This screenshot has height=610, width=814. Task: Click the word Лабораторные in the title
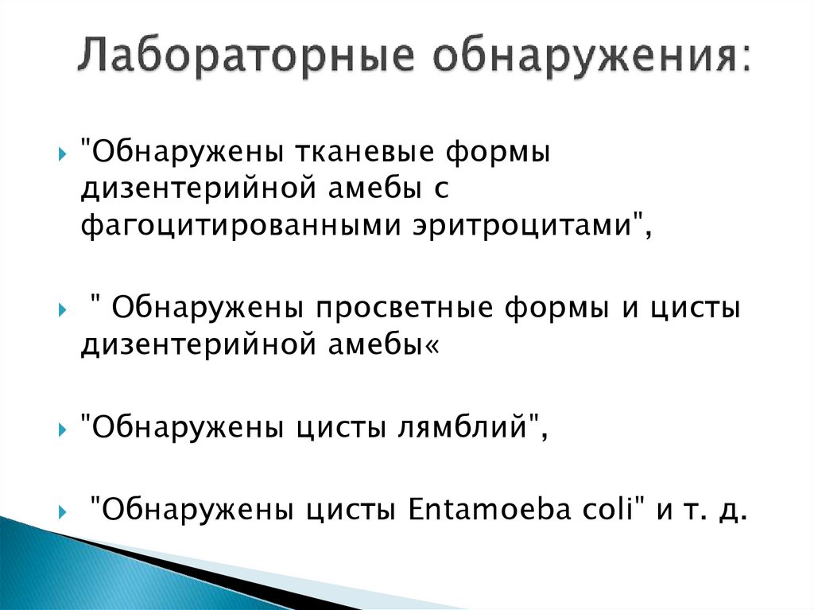pos(245,58)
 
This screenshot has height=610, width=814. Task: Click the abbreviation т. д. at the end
pos(714,509)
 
